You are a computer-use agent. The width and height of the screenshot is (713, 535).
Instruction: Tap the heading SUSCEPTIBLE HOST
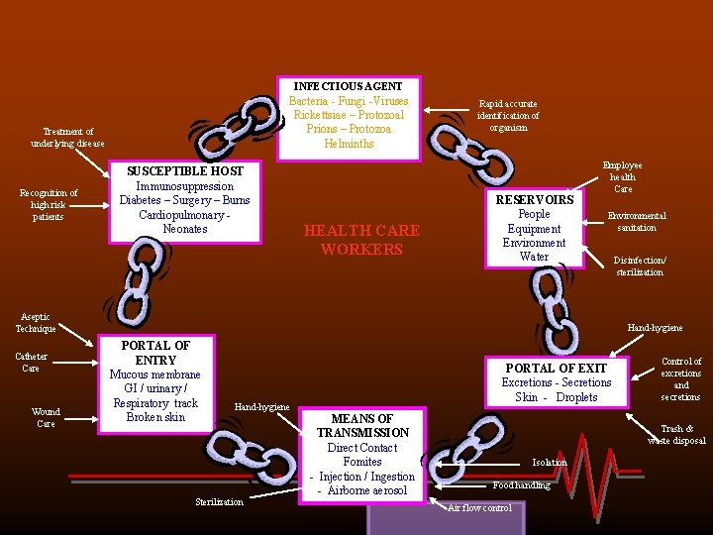[184, 171]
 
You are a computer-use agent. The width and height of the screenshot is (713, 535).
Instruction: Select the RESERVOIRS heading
[535, 199]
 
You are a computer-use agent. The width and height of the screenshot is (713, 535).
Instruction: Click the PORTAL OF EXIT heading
[557, 368]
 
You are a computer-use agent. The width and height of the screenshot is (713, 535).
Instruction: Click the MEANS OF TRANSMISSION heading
[362, 425]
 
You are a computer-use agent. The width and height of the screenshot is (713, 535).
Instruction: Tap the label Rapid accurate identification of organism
[508, 115]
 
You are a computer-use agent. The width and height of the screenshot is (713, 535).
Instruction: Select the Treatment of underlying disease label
[68, 138]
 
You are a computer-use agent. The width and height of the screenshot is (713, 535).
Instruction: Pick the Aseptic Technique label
[36, 322]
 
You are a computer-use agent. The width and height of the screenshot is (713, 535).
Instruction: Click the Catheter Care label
[31, 362]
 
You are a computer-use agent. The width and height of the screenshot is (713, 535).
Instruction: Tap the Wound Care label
[46, 417]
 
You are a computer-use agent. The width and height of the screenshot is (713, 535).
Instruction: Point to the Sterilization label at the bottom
[218, 502]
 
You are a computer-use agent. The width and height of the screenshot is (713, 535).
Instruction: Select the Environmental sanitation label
[637, 221]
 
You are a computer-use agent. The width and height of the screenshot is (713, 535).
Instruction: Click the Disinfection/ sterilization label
[640, 267]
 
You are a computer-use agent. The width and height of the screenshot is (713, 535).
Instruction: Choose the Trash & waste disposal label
[677, 435]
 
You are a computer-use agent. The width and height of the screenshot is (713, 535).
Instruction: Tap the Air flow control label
[480, 508]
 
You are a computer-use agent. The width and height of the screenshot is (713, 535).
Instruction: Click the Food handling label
[521, 485]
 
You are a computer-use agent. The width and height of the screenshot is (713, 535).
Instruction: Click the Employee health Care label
[623, 177]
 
